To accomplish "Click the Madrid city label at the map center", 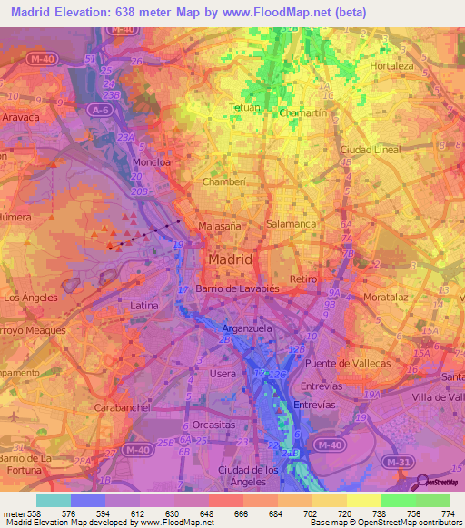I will coord(230,259).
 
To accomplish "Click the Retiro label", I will coord(302,279).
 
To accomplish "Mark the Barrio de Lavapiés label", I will coord(232,288).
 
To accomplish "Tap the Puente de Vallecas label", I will coord(348,363).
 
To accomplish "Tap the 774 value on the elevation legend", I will coord(449,513).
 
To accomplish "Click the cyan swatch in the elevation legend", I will coord(53,500).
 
